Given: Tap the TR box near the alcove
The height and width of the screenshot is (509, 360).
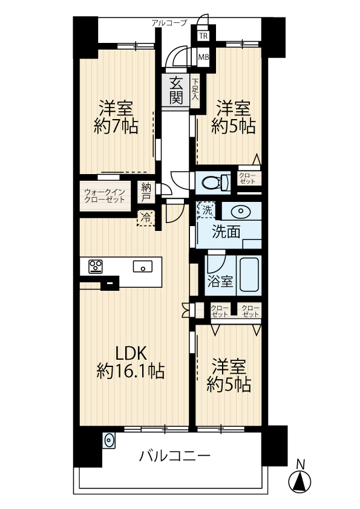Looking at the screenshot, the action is coord(203,36).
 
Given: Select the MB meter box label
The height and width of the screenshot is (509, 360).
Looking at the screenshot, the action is coord(204,57).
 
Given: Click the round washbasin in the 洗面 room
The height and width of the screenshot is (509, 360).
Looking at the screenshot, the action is coord(241,211).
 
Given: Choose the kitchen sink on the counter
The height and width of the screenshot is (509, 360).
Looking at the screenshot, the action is coord(143,267).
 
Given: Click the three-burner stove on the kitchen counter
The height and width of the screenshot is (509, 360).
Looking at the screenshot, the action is coord(96,267).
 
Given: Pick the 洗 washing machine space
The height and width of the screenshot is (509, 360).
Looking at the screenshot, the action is coord(206,210).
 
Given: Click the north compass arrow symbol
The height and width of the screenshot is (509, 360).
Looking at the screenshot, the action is coord(300,480).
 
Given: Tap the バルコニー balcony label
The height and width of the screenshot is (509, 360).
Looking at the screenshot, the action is coord(175,456).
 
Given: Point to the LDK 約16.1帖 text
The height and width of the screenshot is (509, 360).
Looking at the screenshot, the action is coord(131,362).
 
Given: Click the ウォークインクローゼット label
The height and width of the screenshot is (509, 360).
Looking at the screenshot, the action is coord(105,195).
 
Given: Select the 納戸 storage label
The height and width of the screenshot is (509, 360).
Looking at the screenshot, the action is coord(146,192).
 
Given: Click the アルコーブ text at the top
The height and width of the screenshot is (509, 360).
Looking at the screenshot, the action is coord(169,23).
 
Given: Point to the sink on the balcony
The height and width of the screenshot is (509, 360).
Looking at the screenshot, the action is coord(109,441).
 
